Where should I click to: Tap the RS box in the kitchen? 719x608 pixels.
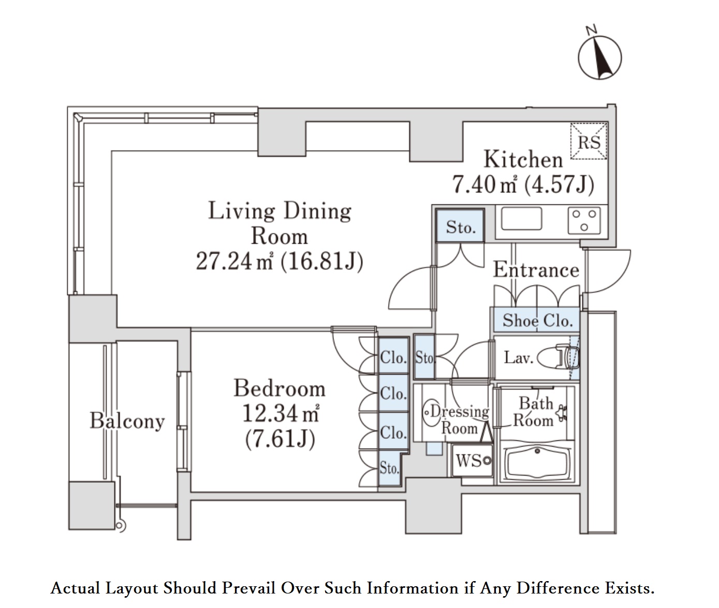click(589, 141)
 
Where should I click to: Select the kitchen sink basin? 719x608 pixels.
click(521, 218)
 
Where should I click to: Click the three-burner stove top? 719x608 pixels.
click(584, 220)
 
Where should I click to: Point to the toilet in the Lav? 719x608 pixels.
click(559, 357)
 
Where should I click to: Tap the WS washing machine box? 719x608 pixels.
click(473, 461)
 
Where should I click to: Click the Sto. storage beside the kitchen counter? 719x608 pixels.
click(460, 226)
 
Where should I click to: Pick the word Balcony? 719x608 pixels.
click(127, 421)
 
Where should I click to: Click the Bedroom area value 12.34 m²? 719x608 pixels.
click(281, 414)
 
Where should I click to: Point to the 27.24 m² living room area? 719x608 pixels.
click(234, 261)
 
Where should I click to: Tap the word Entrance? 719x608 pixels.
click(536, 270)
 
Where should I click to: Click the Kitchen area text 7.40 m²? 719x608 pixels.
click(484, 184)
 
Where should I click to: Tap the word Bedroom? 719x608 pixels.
click(280, 388)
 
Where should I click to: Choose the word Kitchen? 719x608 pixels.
click(523, 159)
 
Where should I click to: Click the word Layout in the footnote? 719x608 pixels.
click(132, 588)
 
